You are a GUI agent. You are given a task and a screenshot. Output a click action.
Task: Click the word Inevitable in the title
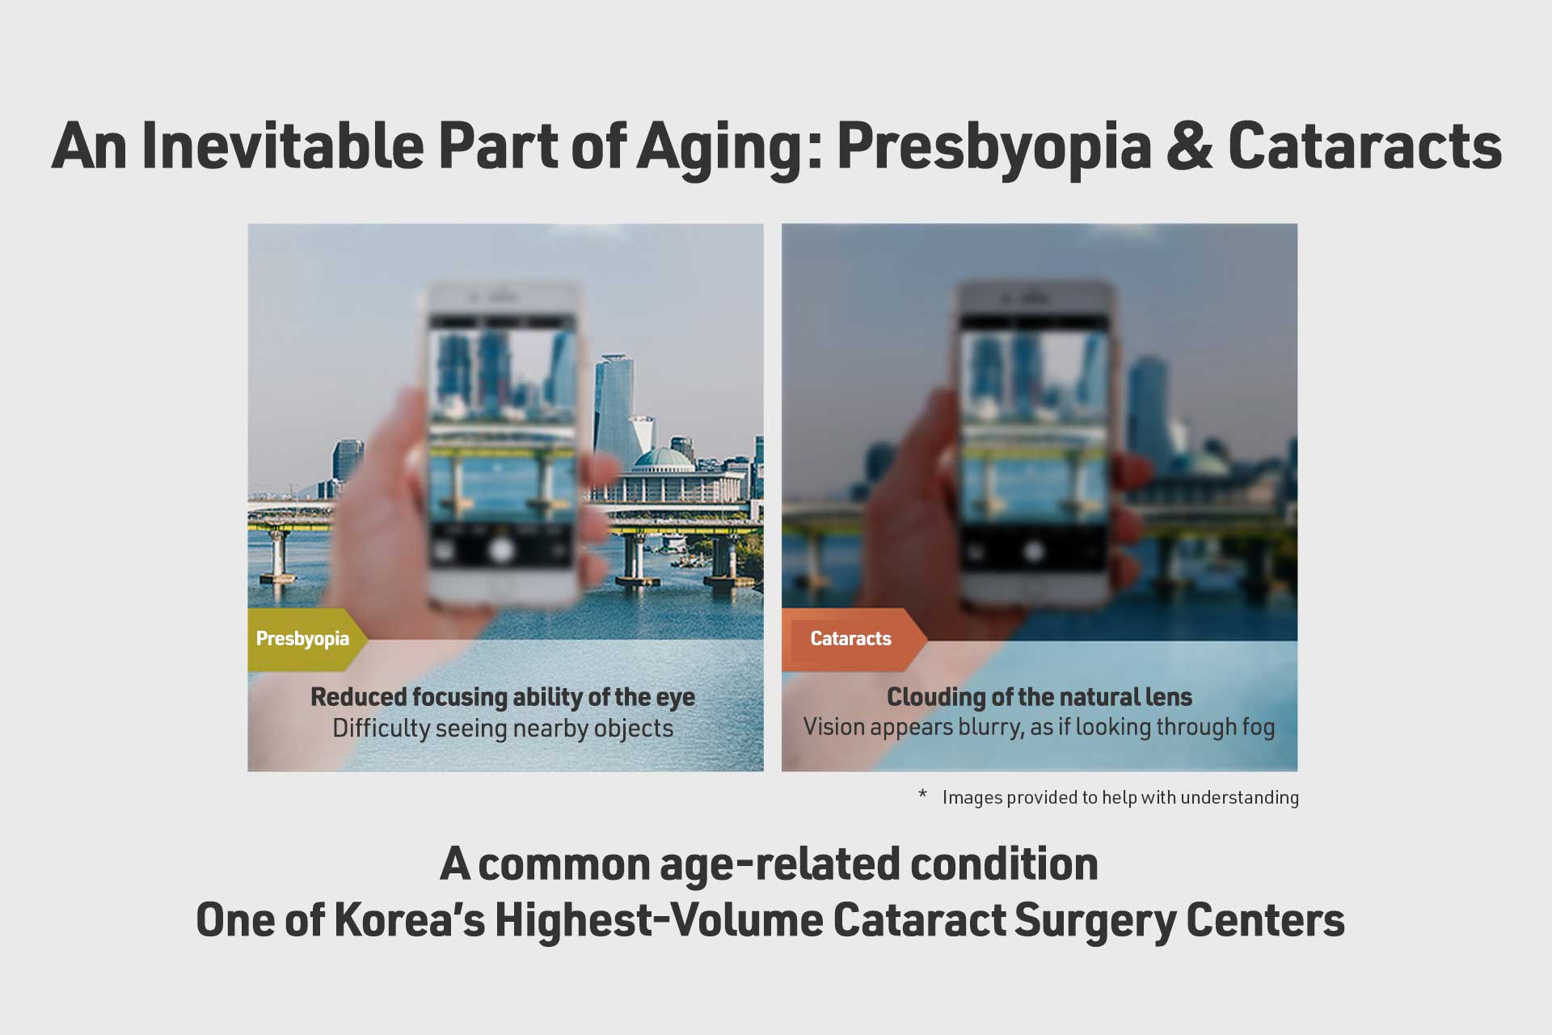coord(282,146)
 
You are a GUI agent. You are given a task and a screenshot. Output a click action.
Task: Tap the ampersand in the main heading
coord(1189,146)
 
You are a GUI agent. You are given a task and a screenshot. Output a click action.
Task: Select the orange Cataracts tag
coord(854,640)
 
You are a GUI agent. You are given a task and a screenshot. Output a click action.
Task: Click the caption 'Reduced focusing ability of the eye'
coord(503,697)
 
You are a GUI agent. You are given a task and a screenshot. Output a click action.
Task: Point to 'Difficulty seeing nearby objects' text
coord(503,729)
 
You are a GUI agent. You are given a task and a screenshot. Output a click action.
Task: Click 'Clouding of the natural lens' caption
coord(1040,696)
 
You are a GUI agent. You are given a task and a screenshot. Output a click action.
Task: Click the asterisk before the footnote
coord(922,795)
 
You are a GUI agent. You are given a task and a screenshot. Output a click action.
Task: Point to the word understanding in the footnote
coord(1239,798)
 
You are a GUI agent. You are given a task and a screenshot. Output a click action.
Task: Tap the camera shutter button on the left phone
coord(501,551)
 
